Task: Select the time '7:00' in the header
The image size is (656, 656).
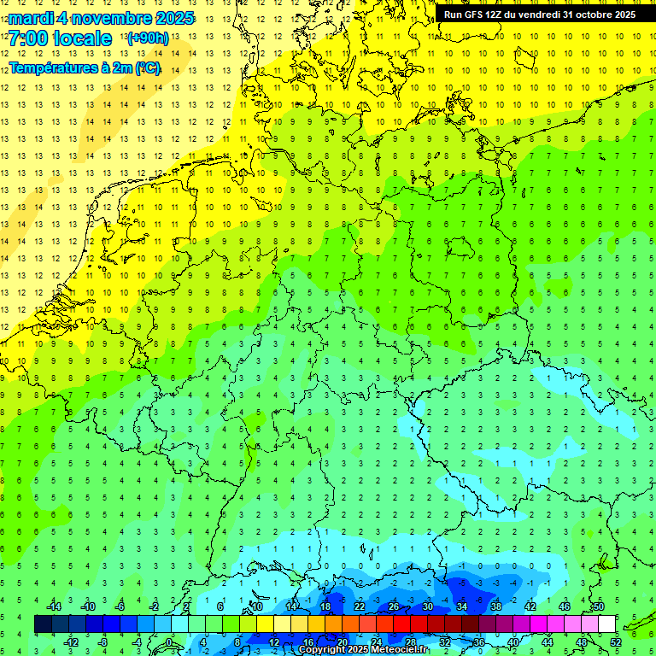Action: [27, 39]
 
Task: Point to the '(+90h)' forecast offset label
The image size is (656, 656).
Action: [148, 38]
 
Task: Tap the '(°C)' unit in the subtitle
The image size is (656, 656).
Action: [147, 67]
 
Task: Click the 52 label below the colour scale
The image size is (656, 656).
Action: [616, 641]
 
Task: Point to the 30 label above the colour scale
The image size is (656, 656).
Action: [427, 606]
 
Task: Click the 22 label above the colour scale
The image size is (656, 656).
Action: [360, 606]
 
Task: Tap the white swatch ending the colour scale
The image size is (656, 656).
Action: [606, 624]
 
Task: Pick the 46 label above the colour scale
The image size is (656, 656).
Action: [564, 606]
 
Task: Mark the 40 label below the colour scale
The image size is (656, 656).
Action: [512, 641]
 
